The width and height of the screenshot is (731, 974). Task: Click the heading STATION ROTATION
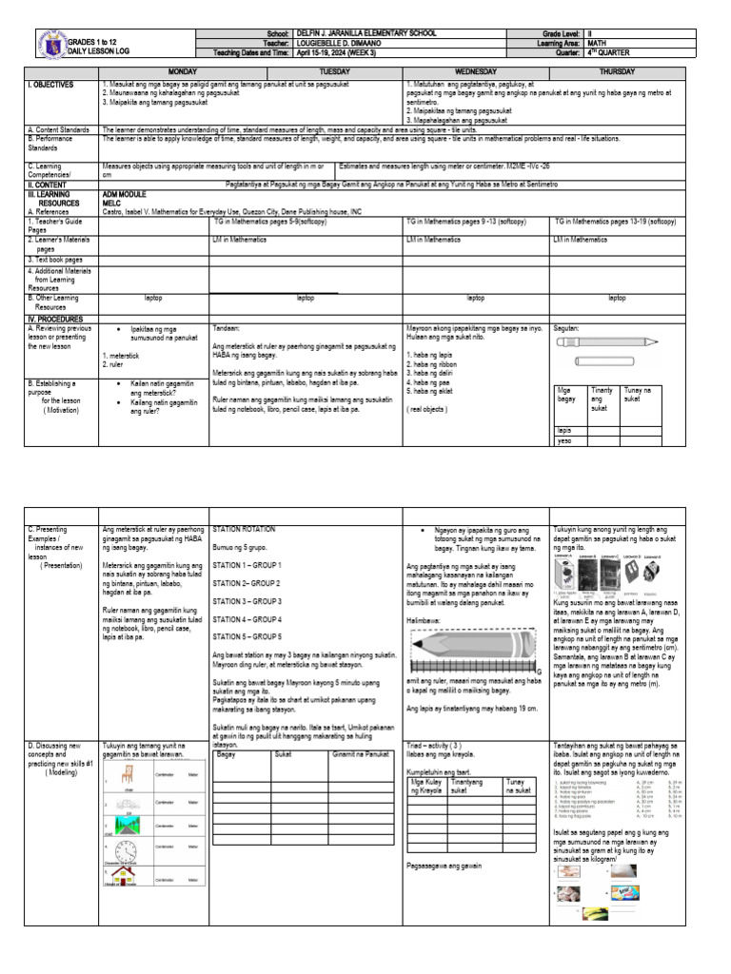point(244,528)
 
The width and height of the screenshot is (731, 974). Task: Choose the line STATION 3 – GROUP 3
point(247,602)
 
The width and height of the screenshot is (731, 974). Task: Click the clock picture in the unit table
point(127,847)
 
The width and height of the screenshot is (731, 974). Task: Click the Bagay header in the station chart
point(227,753)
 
